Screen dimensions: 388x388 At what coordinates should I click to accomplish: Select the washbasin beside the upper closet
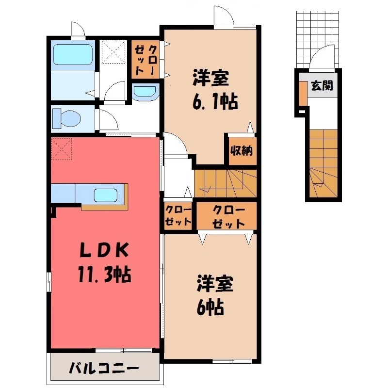tap(145, 93)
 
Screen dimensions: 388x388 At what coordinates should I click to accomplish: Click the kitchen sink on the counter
tap(106, 195)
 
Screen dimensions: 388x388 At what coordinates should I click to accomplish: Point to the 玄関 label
tap(322, 86)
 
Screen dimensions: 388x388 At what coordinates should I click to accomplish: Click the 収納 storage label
tap(241, 151)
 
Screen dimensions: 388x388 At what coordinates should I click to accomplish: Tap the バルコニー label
tap(104, 369)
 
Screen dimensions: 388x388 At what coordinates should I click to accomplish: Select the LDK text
tap(104, 251)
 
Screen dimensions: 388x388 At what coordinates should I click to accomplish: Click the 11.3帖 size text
tap(104, 274)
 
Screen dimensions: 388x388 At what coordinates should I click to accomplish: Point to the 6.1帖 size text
tap(215, 101)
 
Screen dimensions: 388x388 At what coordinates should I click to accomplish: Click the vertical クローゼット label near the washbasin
tap(146, 60)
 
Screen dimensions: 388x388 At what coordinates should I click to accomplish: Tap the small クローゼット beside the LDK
tap(178, 215)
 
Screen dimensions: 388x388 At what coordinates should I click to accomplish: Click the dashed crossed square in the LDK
tap(62, 149)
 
